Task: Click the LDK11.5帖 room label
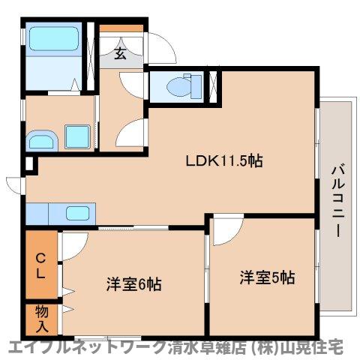point(224,160)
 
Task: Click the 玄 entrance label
point(120,52)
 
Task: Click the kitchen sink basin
point(78,212)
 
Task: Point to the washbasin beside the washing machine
point(40,139)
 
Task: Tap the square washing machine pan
point(76,136)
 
